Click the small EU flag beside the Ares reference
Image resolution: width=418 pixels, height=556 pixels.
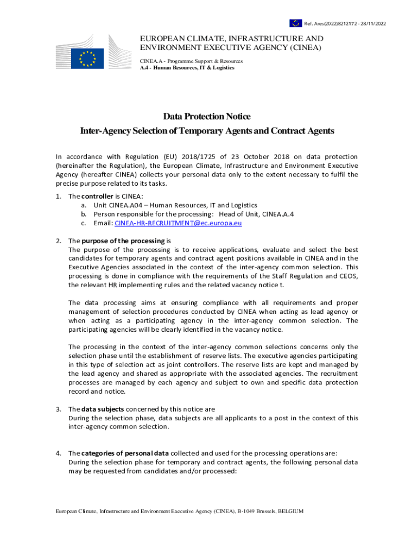point(295,23)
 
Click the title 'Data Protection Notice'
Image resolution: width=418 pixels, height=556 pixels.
point(207,117)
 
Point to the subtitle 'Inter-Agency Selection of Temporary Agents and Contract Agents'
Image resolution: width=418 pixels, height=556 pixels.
point(207,131)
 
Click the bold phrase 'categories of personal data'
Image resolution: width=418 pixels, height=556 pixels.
point(125,453)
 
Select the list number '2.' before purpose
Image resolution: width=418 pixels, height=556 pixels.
point(59,241)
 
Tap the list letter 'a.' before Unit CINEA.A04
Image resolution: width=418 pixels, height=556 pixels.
point(84,205)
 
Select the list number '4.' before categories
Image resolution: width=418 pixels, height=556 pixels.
point(59,453)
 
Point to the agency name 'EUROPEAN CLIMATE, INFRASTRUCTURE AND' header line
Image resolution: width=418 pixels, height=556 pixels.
point(232,39)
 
